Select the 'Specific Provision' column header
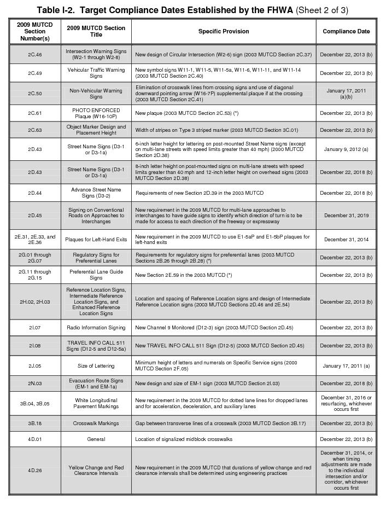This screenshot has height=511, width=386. click(223, 31)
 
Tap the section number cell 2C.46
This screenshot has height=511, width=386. click(35, 55)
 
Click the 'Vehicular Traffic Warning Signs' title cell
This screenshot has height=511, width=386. click(96, 73)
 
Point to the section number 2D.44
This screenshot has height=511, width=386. click(35, 193)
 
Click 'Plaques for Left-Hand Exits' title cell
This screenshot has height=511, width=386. click(96, 239)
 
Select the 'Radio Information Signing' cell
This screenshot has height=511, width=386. click(96, 328)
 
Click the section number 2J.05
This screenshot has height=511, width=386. click(35, 365)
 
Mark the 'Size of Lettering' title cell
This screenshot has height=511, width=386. click(96, 365)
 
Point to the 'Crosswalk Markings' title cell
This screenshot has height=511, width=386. click(96, 423)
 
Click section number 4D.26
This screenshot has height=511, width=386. click(35, 470)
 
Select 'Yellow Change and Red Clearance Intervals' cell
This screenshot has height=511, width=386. click(96, 470)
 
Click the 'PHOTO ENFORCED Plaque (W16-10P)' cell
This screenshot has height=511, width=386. click(96, 113)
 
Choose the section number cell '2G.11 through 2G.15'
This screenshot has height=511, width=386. click(35, 275)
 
